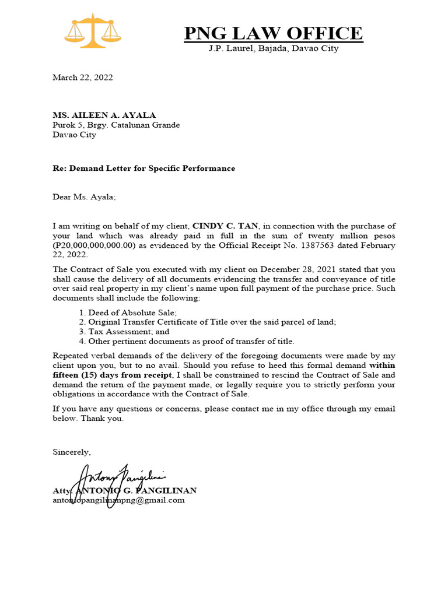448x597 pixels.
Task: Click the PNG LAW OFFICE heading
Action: point(273,33)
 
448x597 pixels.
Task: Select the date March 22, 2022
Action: point(82,77)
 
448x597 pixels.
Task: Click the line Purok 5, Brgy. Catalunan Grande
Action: point(116,125)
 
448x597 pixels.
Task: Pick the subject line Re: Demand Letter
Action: point(143,168)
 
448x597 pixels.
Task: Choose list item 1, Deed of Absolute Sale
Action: point(124,312)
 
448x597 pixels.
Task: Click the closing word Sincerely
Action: point(72,452)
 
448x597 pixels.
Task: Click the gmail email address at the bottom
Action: point(118,500)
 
